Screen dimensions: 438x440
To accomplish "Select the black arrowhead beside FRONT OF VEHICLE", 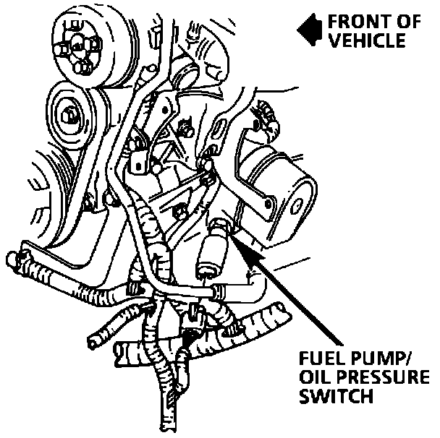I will pyautogui.click(x=308, y=30).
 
